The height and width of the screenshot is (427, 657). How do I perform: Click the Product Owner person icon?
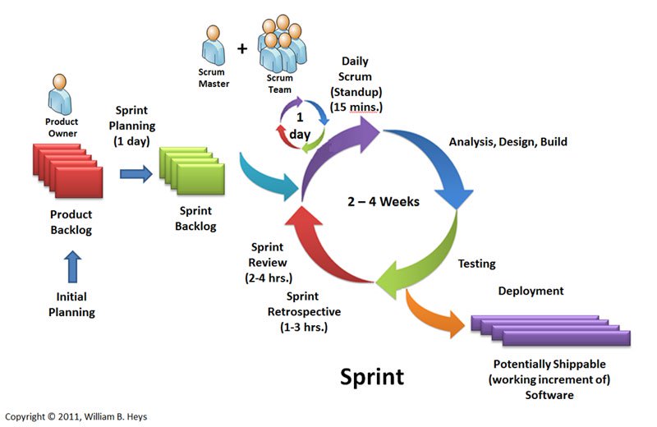pos(59,94)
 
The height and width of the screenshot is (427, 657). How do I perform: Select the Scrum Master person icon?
pos(214,45)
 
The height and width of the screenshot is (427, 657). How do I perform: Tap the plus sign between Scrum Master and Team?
pos(242,49)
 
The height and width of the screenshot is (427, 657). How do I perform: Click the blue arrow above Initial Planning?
pos(72,267)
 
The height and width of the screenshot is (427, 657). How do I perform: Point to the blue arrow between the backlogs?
pos(136,174)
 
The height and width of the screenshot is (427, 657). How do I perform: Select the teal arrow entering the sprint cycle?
pos(269,178)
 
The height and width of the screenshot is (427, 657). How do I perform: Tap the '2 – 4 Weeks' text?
pos(384,201)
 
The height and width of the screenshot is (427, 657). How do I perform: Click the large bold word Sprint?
pos(372,377)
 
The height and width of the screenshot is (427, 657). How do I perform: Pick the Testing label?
pos(477,264)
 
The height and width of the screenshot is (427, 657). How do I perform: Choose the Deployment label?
pos(531,291)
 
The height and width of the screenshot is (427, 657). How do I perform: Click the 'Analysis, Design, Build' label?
pos(508,141)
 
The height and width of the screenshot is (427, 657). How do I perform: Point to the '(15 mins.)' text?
pos(356,107)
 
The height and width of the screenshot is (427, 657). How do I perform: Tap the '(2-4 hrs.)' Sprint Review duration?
pos(269,278)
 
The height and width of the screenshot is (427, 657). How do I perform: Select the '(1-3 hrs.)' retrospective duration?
pos(304,327)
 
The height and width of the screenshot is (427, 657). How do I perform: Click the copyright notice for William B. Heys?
pos(76,416)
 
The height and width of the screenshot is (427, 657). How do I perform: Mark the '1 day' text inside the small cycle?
pos(300,126)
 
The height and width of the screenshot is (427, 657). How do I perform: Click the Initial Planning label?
pos(71,304)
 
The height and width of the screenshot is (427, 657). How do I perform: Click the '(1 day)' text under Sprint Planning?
pos(131,140)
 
